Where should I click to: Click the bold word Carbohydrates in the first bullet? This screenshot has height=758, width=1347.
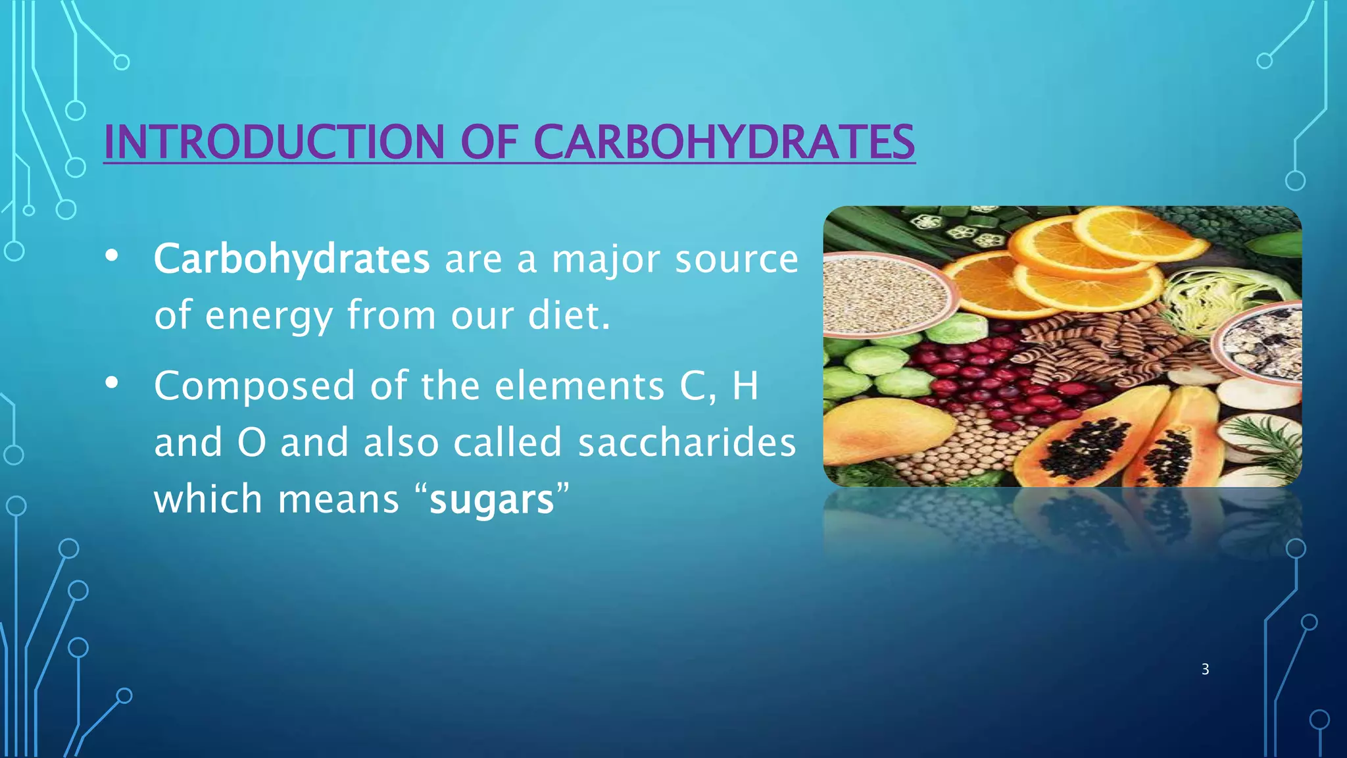291,259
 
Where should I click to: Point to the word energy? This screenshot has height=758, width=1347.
268,315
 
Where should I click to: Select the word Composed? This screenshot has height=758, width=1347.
254,386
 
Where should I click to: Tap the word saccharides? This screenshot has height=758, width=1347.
687,442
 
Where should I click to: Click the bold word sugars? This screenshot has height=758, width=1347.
491,499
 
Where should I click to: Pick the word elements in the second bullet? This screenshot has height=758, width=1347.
579,386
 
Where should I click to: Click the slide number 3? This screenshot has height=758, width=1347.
1205,669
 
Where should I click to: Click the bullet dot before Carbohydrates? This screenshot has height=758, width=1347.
112,256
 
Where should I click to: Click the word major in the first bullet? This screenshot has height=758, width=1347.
605,259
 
